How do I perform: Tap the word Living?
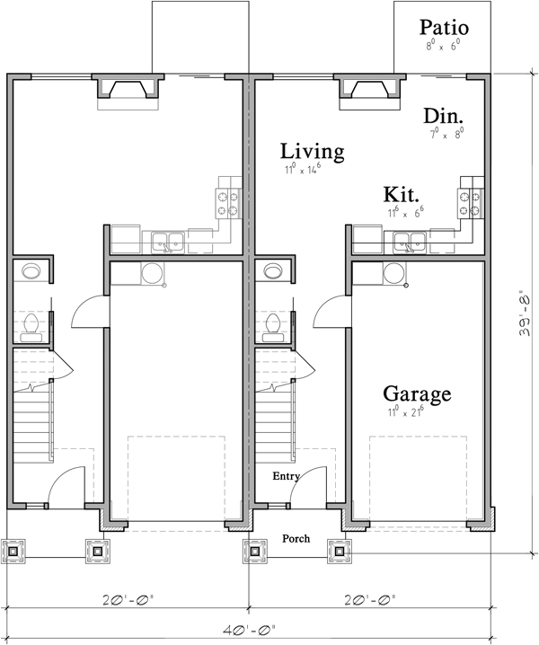point(312,151)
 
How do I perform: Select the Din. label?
point(444,117)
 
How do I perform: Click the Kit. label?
point(402,195)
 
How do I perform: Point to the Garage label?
point(417,393)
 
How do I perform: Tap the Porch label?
point(296,539)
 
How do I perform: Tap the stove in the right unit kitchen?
point(472,202)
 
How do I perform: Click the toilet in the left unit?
point(31,327)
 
